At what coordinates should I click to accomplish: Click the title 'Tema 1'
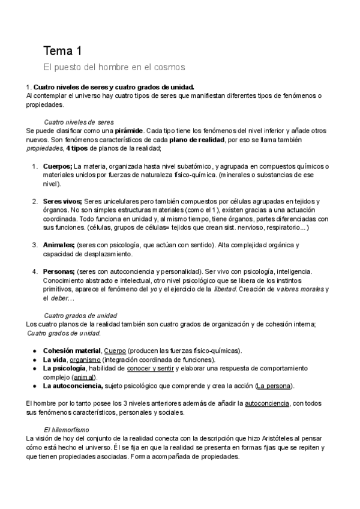pyautogui.click(x=64, y=50)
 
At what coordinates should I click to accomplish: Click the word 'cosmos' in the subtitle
pyautogui.click(x=169, y=66)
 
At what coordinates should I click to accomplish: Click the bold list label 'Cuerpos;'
pyautogui.click(x=58, y=166)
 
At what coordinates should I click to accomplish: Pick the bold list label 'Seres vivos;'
pyautogui.click(x=63, y=201)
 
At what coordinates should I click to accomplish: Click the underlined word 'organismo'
pyautogui.click(x=89, y=359)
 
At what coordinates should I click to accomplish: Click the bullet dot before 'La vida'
pyautogui.click(x=35, y=359)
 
